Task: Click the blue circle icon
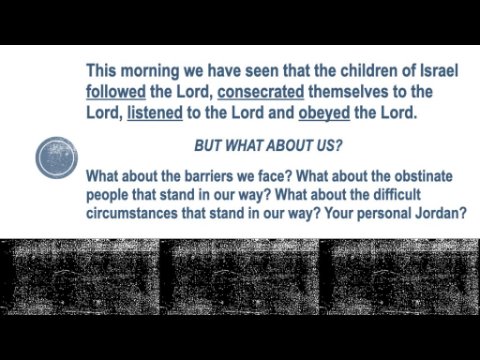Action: [x=57, y=157]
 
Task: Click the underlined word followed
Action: [x=116, y=92]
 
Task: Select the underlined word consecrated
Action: [x=261, y=92]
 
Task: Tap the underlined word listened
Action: [x=155, y=113]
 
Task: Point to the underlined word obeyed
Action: [x=324, y=113]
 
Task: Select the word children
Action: [x=368, y=71]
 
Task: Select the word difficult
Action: [x=397, y=194]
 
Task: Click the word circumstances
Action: [x=132, y=213]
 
